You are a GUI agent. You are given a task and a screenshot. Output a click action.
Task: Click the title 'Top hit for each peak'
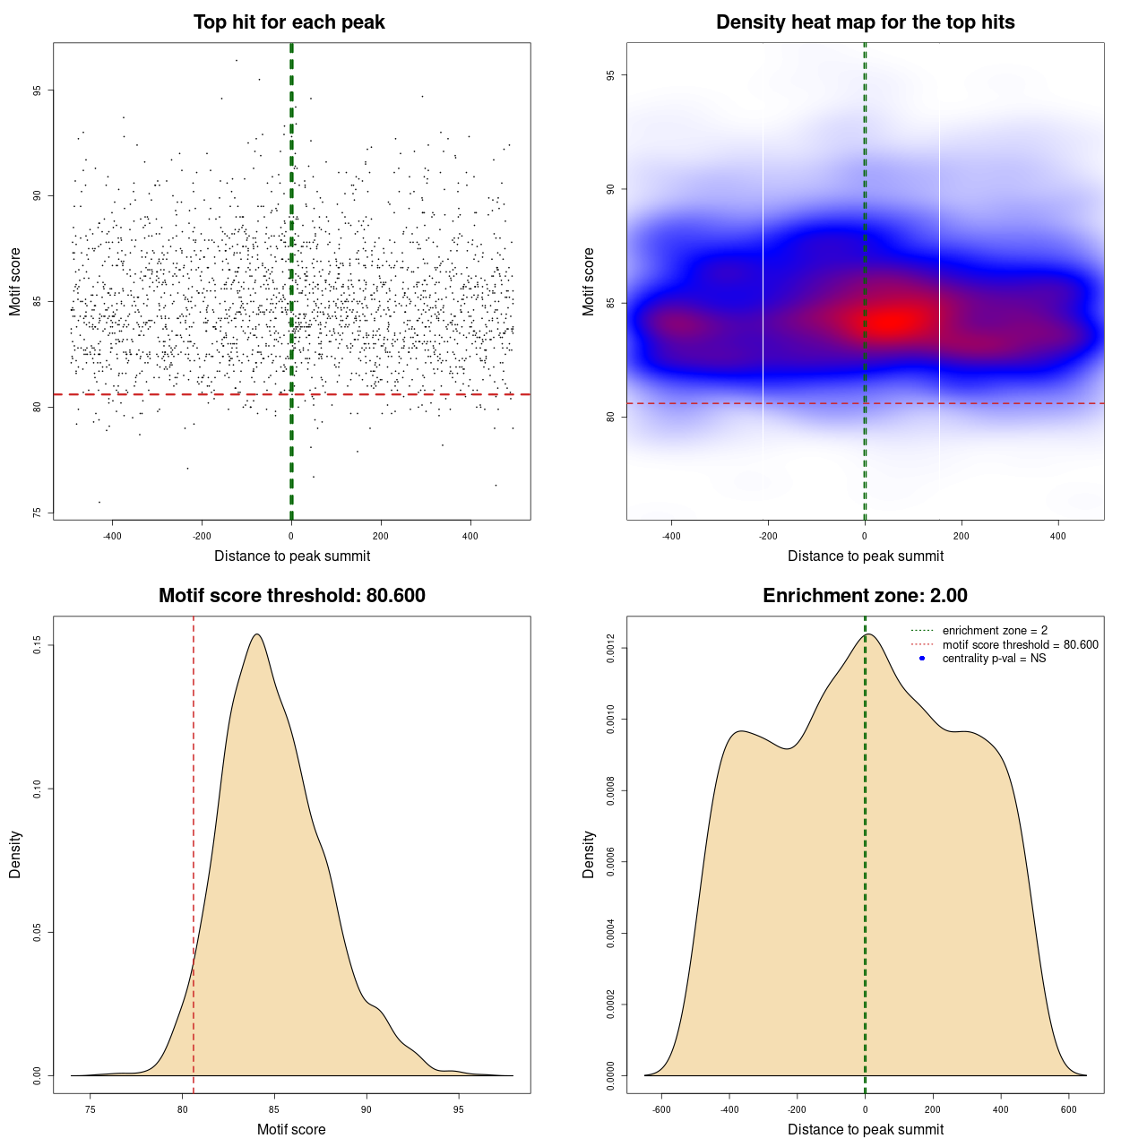pos(289,22)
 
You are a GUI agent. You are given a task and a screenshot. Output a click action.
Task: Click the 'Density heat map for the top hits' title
pos(865,22)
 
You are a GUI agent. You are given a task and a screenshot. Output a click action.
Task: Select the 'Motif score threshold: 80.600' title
pos(291,596)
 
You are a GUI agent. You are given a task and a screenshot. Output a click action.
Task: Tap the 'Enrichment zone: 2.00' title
pos(865,596)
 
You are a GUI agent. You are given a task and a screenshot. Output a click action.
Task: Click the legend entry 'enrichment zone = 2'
pos(995,631)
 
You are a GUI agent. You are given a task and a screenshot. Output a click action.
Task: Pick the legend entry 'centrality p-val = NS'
pos(994,659)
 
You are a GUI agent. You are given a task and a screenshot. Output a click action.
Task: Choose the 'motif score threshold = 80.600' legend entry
pos(1020,645)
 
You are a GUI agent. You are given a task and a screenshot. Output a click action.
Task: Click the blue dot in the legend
pos(922,659)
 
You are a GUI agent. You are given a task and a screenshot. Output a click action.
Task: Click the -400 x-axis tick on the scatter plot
pos(112,536)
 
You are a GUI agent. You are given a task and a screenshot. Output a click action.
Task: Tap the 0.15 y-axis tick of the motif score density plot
pos(37,645)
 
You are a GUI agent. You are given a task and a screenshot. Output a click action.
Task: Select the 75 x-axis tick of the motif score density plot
pos(90,1109)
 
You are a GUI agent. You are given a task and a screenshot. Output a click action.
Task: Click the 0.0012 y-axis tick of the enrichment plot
pos(610,648)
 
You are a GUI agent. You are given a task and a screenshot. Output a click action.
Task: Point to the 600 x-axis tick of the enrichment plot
pos(1068,1109)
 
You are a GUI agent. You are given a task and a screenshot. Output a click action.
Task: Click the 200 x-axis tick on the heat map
pos(962,536)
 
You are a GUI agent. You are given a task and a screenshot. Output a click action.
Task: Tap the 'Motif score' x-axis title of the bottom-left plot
pos(291,1129)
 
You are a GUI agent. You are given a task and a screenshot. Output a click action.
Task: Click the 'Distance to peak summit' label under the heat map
pos(865,556)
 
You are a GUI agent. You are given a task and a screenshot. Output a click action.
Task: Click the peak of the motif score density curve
pos(257,634)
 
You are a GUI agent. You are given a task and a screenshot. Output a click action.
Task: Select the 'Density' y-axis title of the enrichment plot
pos(589,854)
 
